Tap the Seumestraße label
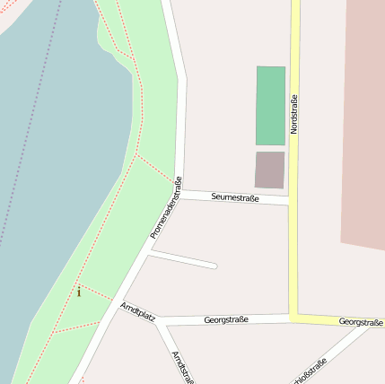click(x=235, y=197)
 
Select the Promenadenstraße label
click(x=166, y=207)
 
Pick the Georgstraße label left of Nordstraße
click(x=226, y=319)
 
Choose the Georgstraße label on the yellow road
click(x=361, y=322)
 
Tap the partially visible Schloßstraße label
click(x=311, y=371)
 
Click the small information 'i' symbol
click(x=79, y=292)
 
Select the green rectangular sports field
click(x=270, y=105)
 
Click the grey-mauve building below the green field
click(x=269, y=170)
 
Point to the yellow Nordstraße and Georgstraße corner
click(x=293, y=319)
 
